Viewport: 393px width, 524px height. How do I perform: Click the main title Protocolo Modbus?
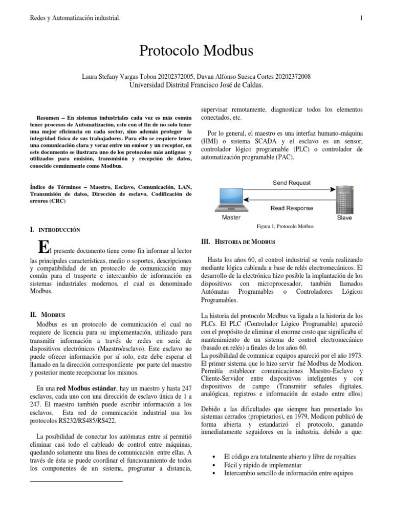point(196,51)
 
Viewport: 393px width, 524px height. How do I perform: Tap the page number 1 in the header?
point(361,19)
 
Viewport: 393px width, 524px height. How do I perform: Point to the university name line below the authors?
point(196,85)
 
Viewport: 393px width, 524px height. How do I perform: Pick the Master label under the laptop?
point(230,217)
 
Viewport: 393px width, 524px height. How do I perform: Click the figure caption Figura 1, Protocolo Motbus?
point(285,226)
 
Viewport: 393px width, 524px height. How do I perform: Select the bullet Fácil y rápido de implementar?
point(262,465)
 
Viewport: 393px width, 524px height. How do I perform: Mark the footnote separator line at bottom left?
point(76,482)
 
